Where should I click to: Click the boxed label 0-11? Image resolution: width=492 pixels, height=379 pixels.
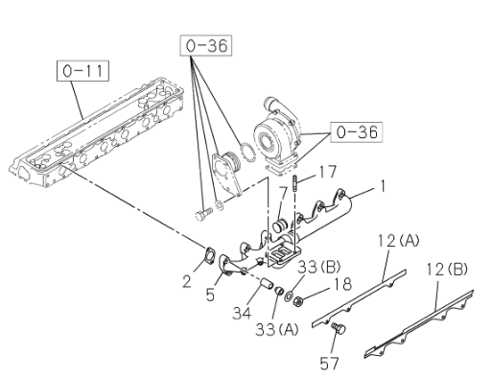click(82, 71)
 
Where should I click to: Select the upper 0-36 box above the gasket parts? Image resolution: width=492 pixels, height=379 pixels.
click(206, 45)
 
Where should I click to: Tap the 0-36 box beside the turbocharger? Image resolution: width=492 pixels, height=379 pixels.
click(357, 131)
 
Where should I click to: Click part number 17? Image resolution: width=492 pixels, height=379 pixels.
click(326, 172)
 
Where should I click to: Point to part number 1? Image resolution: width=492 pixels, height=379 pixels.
click(382, 186)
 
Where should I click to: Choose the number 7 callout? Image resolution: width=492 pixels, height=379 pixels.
click(283, 193)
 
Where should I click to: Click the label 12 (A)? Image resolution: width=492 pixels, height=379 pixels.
click(398, 241)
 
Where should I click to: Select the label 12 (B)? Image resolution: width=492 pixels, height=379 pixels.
click(447, 270)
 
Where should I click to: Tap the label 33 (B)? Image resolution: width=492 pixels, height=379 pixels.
click(319, 267)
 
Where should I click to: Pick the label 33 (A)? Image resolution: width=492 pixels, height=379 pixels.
click(277, 329)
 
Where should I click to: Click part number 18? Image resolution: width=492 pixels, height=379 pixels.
click(342, 284)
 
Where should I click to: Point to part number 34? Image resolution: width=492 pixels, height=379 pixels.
click(242, 313)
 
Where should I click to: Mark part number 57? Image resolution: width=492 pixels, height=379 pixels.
click(329, 364)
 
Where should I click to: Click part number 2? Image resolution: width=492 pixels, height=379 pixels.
click(187, 281)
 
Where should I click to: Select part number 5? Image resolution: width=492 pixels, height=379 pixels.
click(210, 295)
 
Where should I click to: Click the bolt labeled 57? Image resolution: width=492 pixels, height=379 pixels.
click(338, 328)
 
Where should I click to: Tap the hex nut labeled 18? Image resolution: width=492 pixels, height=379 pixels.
click(297, 300)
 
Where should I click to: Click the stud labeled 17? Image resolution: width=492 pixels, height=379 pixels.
click(294, 183)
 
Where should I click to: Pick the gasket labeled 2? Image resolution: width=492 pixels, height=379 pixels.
click(210, 255)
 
